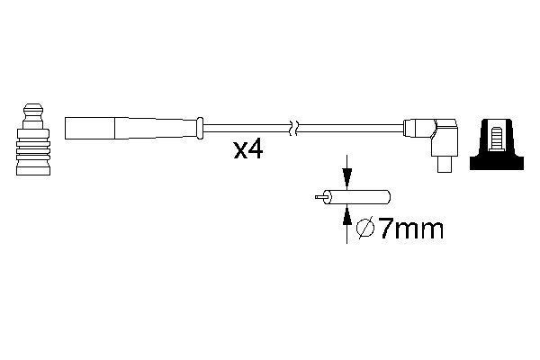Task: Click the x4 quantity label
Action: (248, 150)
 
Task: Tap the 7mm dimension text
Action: (411, 229)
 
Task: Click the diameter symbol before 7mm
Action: (365, 228)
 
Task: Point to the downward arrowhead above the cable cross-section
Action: (347, 178)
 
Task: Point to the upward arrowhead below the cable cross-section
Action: (347, 215)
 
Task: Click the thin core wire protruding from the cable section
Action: (319, 197)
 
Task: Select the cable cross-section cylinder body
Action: (357, 197)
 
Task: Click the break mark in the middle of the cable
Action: (293, 128)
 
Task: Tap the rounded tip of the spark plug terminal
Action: (33, 111)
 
